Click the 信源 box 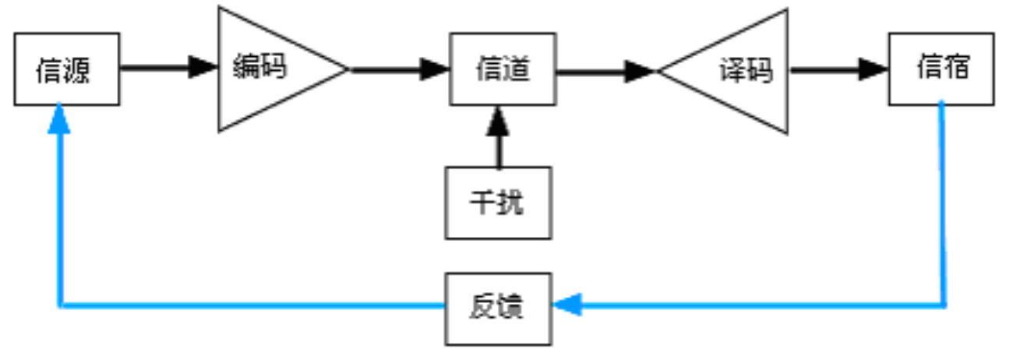[x=67, y=69]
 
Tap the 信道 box [x=503, y=69]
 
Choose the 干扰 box [x=498, y=203]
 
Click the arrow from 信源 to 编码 [x=168, y=69]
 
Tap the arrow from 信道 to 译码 [x=605, y=72]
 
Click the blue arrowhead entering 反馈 [x=567, y=305]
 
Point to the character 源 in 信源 [x=78, y=70]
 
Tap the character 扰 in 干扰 [x=511, y=203]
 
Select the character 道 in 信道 [x=517, y=70]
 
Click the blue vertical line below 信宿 [x=944, y=203]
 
